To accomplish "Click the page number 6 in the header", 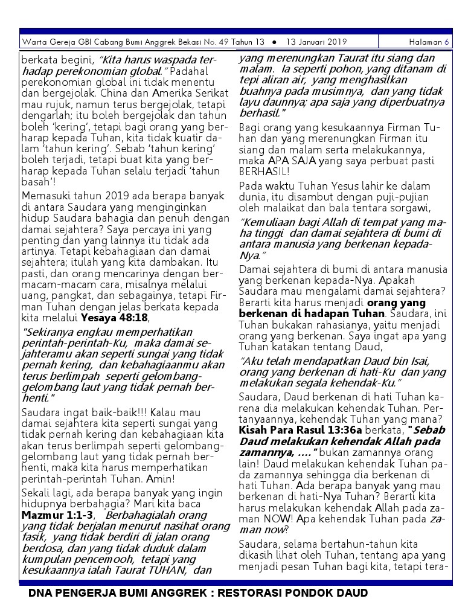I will (x=447, y=42).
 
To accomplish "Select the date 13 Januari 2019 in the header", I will (x=317, y=42).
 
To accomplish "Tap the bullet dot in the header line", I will (x=274, y=42).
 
